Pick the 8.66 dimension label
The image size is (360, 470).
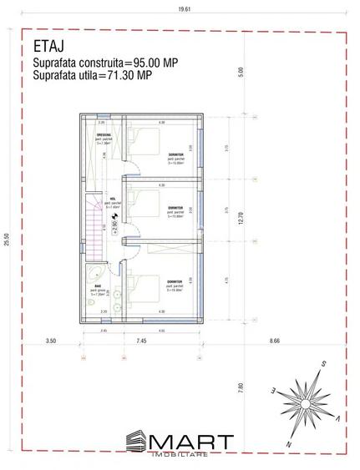275,341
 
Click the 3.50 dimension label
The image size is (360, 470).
50,341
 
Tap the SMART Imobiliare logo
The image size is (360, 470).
180,443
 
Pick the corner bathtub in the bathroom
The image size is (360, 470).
92,275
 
